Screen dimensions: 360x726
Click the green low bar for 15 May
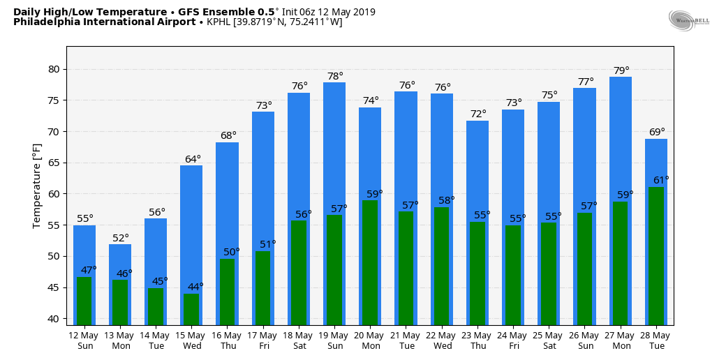click(x=191, y=309)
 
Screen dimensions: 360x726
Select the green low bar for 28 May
click(x=656, y=255)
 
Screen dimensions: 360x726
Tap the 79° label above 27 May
click(x=621, y=70)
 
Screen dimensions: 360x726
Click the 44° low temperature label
click(x=195, y=287)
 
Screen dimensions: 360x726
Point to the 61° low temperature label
click(x=661, y=180)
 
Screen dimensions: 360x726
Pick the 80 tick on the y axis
click(x=54, y=69)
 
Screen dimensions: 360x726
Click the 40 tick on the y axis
click(x=54, y=319)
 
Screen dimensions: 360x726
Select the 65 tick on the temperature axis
click(x=54, y=163)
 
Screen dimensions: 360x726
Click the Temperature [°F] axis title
click(x=37, y=186)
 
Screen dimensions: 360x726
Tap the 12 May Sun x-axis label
click(x=84, y=340)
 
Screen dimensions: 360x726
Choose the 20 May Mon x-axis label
click(x=370, y=340)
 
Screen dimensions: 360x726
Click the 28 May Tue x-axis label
click(x=655, y=340)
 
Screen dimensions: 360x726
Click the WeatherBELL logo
click(x=688, y=21)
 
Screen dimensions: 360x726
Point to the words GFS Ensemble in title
click(x=233, y=12)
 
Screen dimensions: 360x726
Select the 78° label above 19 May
click(x=335, y=76)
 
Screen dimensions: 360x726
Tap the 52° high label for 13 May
click(x=121, y=238)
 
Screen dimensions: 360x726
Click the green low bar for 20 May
click(x=370, y=262)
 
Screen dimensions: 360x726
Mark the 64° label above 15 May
click(x=193, y=159)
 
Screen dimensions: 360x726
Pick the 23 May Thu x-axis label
click(x=477, y=340)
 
